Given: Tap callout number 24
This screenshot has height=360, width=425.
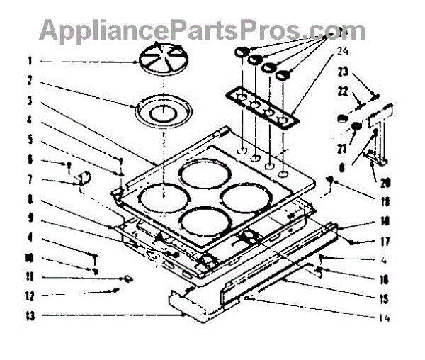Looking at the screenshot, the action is click(344, 51).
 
